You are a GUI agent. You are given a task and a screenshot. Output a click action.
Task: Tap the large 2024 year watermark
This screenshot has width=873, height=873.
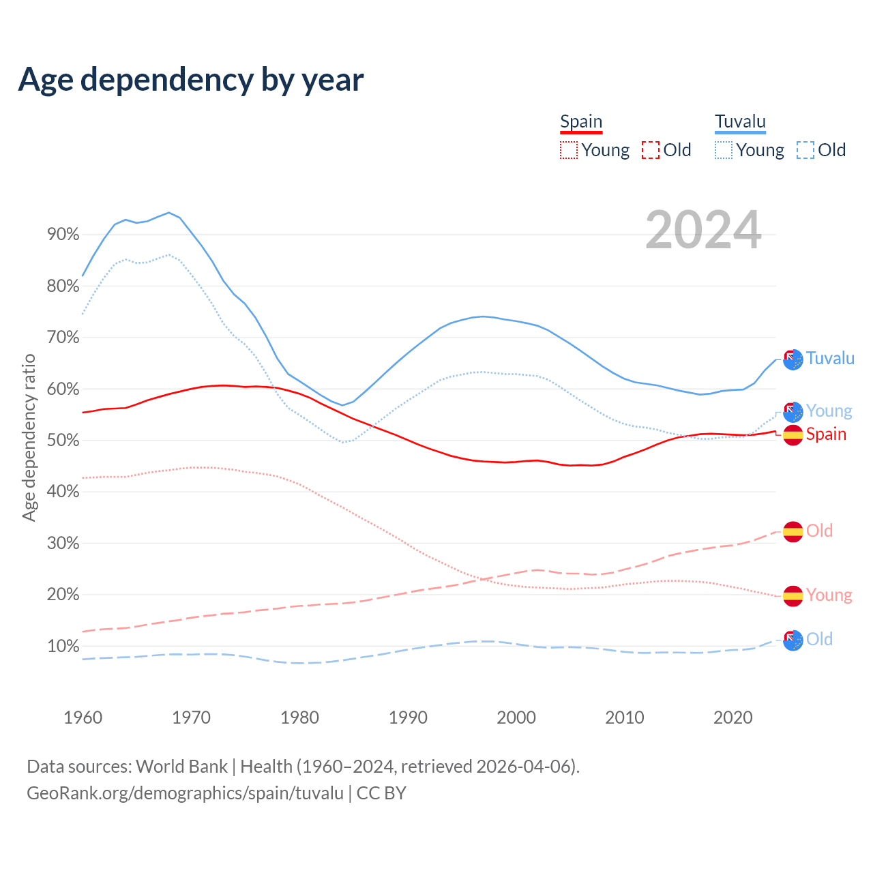pyautogui.click(x=703, y=231)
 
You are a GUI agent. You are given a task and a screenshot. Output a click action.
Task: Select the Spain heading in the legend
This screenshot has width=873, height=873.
pyautogui.click(x=581, y=121)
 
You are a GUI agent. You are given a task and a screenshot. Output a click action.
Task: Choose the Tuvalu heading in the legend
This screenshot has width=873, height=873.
pyautogui.click(x=740, y=121)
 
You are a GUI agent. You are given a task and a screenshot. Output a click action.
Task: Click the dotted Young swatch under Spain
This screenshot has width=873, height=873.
pyautogui.click(x=569, y=150)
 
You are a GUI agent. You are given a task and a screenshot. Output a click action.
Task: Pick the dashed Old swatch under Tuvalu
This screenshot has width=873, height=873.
pyautogui.click(x=805, y=150)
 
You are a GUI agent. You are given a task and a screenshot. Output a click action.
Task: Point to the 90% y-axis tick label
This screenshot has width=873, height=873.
pyautogui.click(x=63, y=235)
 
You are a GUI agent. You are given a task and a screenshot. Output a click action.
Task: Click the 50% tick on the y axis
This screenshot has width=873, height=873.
pyautogui.click(x=63, y=441)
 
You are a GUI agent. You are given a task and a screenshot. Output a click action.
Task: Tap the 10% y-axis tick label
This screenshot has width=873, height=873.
pyautogui.click(x=63, y=646)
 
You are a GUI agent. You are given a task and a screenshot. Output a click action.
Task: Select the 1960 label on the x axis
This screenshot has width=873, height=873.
pyautogui.click(x=83, y=717)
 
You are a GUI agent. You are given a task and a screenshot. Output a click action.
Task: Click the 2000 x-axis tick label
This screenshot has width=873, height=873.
pyautogui.click(x=516, y=717)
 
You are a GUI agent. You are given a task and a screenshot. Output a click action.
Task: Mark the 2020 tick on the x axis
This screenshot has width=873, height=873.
pyautogui.click(x=733, y=717)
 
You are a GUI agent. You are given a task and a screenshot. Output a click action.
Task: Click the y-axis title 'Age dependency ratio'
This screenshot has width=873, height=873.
pyautogui.click(x=29, y=437)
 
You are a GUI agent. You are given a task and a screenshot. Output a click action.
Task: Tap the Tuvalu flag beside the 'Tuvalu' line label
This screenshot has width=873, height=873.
pyautogui.click(x=793, y=359)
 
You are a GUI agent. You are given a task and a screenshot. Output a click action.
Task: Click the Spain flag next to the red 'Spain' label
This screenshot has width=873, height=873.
pyautogui.click(x=793, y=434)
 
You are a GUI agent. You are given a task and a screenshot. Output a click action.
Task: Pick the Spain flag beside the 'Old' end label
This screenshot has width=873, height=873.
pyautogui.click(x=793, y=531)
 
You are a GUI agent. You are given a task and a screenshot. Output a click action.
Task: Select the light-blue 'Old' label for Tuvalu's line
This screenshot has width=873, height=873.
pyautogui.click(x=819, y=639)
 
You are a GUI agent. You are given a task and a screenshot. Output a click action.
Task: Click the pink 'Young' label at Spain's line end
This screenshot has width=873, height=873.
pyautogui.click(x=829, y=595)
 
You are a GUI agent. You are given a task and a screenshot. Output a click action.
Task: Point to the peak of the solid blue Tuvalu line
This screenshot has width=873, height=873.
pyautogui.click(x=169, y=213)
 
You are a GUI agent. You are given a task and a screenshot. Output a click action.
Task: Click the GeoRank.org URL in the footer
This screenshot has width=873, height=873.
pyautogui.click(x=185, y=793)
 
